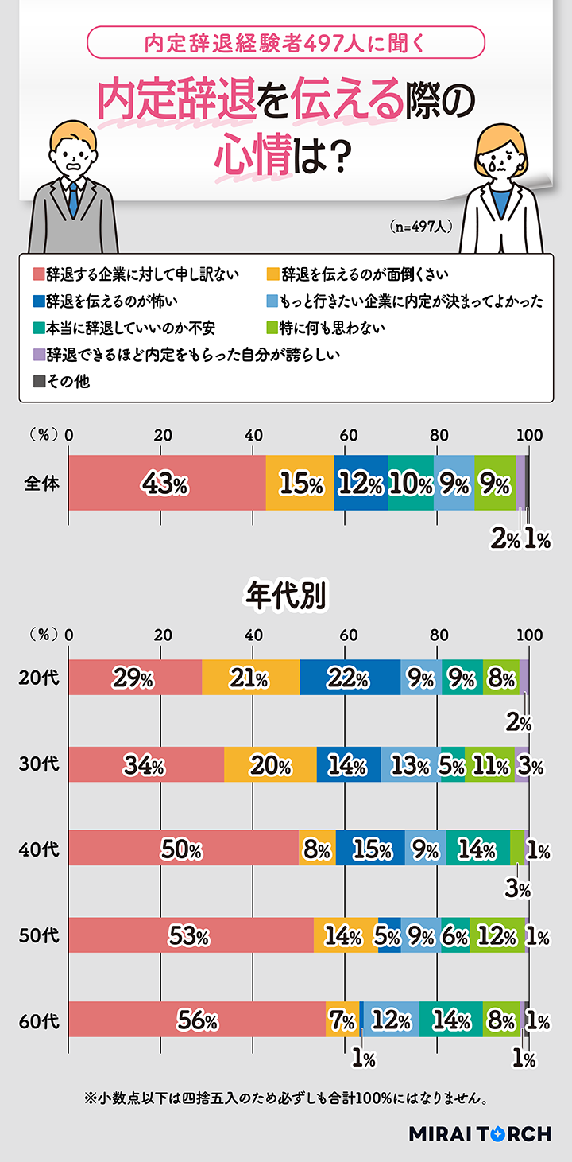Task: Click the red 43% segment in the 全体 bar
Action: [167, 484]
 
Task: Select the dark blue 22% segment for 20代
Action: [350, 678]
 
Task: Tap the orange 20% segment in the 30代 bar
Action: [270, 765]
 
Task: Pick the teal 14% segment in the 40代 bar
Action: [477, 849]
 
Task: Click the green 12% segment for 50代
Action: [497, 935]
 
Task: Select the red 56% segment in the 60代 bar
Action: [197, 1020]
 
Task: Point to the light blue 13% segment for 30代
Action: [410, 765]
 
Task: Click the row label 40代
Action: [39, 849]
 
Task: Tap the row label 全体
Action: [41, 483]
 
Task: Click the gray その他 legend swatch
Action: [38, 382]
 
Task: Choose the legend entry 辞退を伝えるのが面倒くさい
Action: [357, 274]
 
